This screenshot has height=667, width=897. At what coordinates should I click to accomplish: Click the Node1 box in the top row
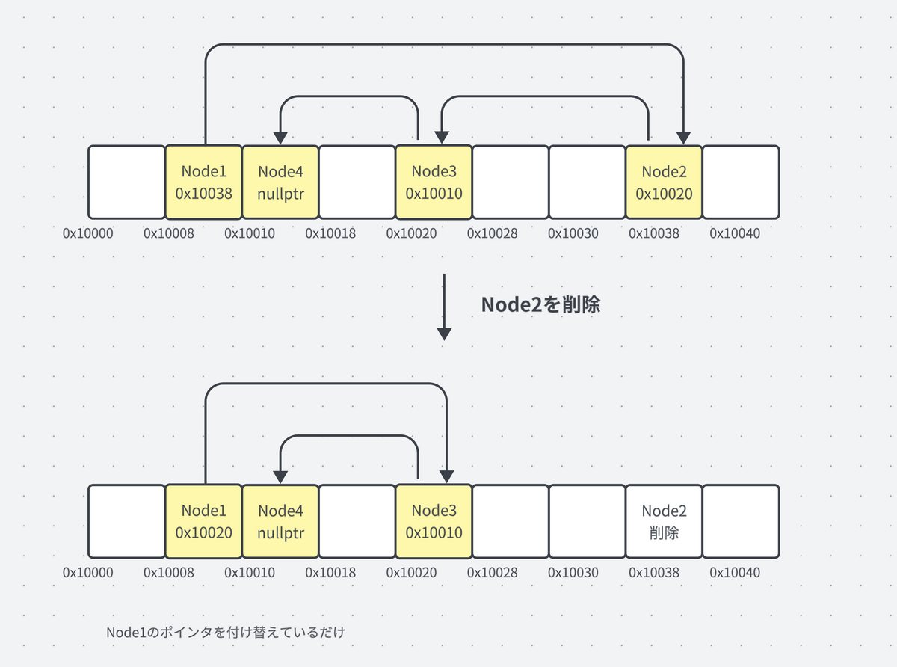pyautogui.click(x=203, y=182)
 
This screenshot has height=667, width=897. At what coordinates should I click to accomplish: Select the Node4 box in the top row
pyautogui.click(x=280, y=182)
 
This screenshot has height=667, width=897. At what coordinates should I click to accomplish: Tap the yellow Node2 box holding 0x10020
pyautogui.click(x=664, y=182)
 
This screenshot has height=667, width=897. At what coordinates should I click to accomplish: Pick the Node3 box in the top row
pyautogui.click(x=434, y=182)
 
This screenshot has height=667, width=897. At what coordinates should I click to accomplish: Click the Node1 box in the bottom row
pyautogui.click(x=203, y=521)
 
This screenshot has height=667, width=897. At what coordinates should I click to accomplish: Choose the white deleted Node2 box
pyautogui.click(x=664, y=521)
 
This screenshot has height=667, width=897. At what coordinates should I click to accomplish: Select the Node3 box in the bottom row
pyautogui.click(x=434, y=521)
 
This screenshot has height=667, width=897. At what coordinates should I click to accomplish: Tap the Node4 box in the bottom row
pyautogui.click(x=280, y=521)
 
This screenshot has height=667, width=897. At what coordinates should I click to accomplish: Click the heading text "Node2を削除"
pyautogui.click(x=540, y=304)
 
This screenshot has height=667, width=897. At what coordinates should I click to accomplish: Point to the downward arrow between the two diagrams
pyautogui.click(x=445, y=307)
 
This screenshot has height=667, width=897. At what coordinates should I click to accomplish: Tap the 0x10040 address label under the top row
pyautogui.click(x=734, y=233)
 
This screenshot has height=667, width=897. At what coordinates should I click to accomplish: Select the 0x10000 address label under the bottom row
pyautogui.click(x=88, y=573)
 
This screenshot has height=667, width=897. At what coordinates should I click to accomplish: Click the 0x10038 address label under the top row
pyautogui.click(x=653, y=233)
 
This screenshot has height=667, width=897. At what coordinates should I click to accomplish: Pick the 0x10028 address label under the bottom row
pyautogui.click(x=492, y=573)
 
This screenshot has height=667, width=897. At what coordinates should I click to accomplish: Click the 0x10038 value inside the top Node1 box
pyautogui.click(x=203, y=193)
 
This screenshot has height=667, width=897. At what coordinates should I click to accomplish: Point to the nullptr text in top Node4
pyautogui.click(x=280, y=193)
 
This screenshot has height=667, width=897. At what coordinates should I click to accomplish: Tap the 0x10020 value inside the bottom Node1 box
pyautogui.click(x=203, y=532)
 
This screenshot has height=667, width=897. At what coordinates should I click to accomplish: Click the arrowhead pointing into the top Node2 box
pyautogui.click(x=682, y=138)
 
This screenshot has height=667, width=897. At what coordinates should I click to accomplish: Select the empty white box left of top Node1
pyautogui.click(x=126, y=182)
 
